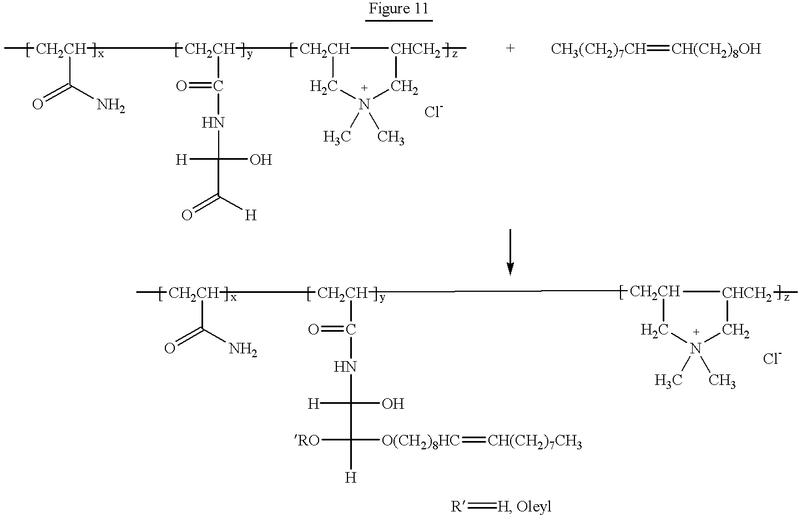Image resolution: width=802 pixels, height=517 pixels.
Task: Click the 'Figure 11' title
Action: (x=399, y=8)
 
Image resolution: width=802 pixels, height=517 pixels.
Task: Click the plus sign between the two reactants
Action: (x=510, y=48)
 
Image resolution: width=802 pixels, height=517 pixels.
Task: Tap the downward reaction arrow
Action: (x=510, y=252)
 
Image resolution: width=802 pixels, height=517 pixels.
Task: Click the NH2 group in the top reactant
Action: (x=111, y=106)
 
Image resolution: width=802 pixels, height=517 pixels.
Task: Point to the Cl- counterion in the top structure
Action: (x=434, y=111)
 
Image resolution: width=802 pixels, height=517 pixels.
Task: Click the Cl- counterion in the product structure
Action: (x=772, y=358)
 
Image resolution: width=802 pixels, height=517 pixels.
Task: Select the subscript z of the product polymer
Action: (x=786, y=298)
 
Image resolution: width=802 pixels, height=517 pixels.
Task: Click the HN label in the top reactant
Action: (x=213, y=123)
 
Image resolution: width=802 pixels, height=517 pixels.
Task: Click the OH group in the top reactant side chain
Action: (x=261, y=160)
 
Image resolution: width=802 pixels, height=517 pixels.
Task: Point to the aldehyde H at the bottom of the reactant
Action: (x=251, y=215)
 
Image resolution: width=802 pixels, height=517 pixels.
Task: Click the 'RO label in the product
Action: (x=307, y=441)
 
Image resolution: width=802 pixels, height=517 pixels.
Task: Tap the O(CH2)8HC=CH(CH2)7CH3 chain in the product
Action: (x=482, y=442)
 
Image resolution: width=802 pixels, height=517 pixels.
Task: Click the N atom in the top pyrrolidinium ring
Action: (x=364, y=104)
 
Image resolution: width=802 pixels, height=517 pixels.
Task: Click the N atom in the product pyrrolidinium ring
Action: (x=695, y=348)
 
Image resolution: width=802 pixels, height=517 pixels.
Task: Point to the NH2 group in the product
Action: (x=243, y=349)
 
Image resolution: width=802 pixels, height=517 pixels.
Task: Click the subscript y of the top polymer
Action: (x=250, y=55)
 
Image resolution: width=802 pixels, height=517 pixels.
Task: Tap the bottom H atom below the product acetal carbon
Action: (x=351, y=478)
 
